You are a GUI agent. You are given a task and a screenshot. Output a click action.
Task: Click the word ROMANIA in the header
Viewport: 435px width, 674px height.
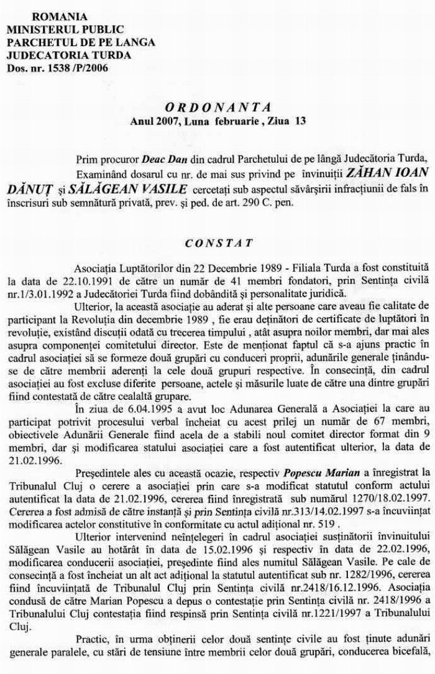[x=59, y=16]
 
